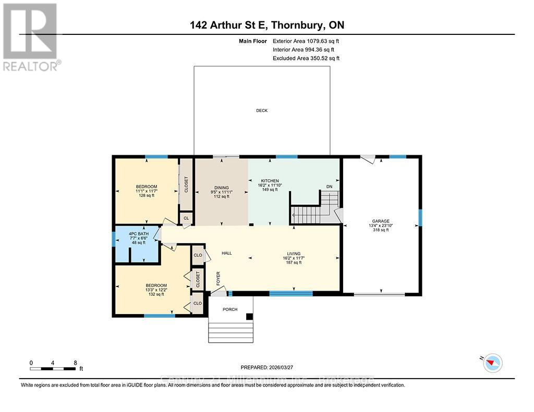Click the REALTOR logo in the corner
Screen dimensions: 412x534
(30, 36)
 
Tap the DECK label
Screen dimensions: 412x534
(261, 110)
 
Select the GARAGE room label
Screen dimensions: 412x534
(380, 221)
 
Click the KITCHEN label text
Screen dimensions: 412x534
(266, 180)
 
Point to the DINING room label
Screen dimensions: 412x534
(222, 188)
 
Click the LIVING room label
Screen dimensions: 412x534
(293, 254)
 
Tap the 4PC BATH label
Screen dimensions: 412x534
(139, 234)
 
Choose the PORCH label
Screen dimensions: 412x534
(230, 309)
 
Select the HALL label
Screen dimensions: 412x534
(226, 253)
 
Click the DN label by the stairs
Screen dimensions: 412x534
(329, 186)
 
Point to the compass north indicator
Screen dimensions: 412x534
(492, 363)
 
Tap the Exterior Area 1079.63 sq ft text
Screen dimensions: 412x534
(306, 41)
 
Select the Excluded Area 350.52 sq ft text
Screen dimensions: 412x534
(306, 58)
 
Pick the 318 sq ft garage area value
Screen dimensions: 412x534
(380, 230)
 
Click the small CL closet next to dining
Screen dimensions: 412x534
(185, 218)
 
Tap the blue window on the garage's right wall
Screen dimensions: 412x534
(420, 218)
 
